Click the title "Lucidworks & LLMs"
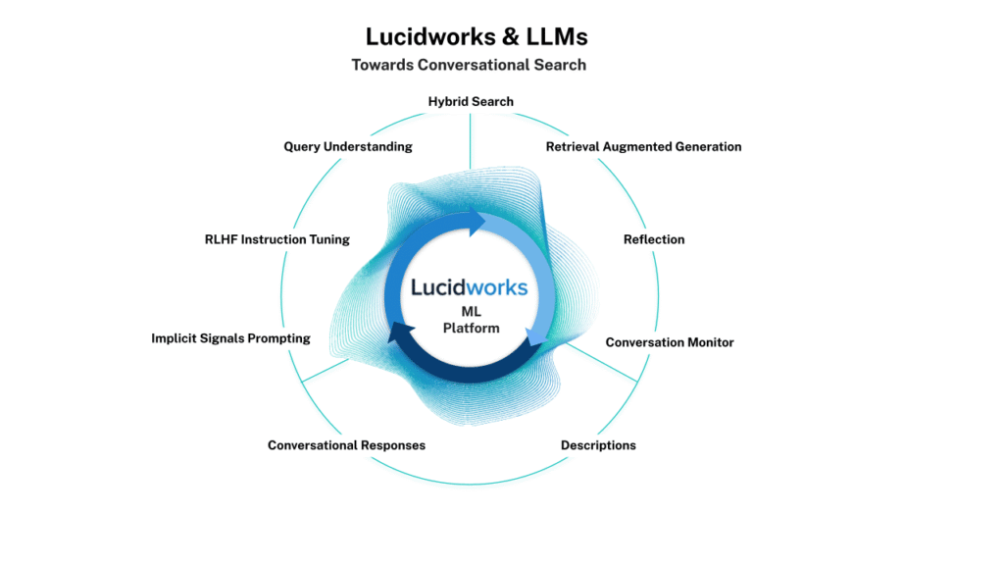[x=477, y=37]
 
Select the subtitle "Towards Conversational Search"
[x=469, y=65]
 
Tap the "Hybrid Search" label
[x=471, y=101]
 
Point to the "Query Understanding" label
[x=348, y=147]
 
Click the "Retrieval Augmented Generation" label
[x=643, y=147]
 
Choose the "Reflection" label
[x=654, y=239]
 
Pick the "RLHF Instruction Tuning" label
[x=277, y=239]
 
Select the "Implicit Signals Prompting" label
[x=230, y=338]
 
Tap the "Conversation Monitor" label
[x=670, y=342]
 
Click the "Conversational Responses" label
[x=346, y=445]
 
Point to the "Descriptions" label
[x=598, y=445]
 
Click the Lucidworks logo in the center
[x=470, y=287]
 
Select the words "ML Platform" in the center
[x=472, y=320]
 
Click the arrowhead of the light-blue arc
[x=536, y=336]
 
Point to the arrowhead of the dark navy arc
[x=400, y=333]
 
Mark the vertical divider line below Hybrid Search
[x=470, y=141]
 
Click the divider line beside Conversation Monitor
[x=602, y=363]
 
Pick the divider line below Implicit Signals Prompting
[x=326, y=370]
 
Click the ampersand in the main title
[x=510, y=37]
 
